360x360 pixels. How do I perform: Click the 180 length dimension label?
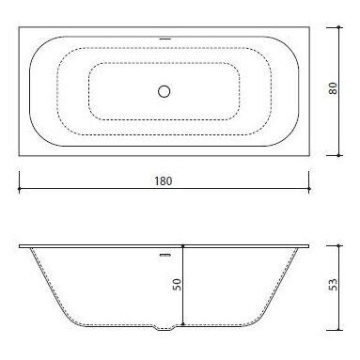coord(164,181)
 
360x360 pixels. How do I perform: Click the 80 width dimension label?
coord(333,88)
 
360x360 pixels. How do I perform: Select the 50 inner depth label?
coord(178,285)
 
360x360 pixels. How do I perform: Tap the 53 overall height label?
coord(334,285)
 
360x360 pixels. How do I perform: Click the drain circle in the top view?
coord(164,91)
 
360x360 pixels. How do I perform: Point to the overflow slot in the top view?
coord(164,39)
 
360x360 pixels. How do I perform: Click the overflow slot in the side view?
coord(165,256)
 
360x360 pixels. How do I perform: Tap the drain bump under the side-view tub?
coord(164,328)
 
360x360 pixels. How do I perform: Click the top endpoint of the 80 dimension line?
coord(338,27)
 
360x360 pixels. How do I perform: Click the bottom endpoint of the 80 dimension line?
coord(338,155)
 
